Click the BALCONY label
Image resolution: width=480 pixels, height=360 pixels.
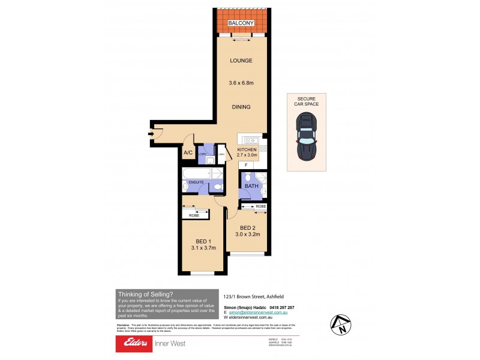pyautogui.click(x=242, y=23)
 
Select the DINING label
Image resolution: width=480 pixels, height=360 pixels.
pyautogui.click(x=242, y=107)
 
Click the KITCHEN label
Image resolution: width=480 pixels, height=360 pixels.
pyautogui.click(x=247, y=149)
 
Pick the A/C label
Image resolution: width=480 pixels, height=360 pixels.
pyautogui.click(x=188, y=153)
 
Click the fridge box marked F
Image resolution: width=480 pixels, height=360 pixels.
pyautogui.click(x=245, y=164)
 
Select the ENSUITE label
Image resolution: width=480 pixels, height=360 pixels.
pyautogui.click(x=196, y=182)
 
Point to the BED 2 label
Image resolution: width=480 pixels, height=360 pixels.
pyautogui.click(x=248, y=228)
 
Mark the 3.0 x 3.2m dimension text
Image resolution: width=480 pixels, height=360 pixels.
pyautogui.click(x=248, y=236)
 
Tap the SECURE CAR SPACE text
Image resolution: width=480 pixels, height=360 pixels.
pyautogui.click(x=306, y=101)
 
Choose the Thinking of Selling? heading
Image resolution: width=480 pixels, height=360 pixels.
pyautogui.click(x=146, y=293)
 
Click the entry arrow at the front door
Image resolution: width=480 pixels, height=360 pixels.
pyautogui.click(x=150, y=134)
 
